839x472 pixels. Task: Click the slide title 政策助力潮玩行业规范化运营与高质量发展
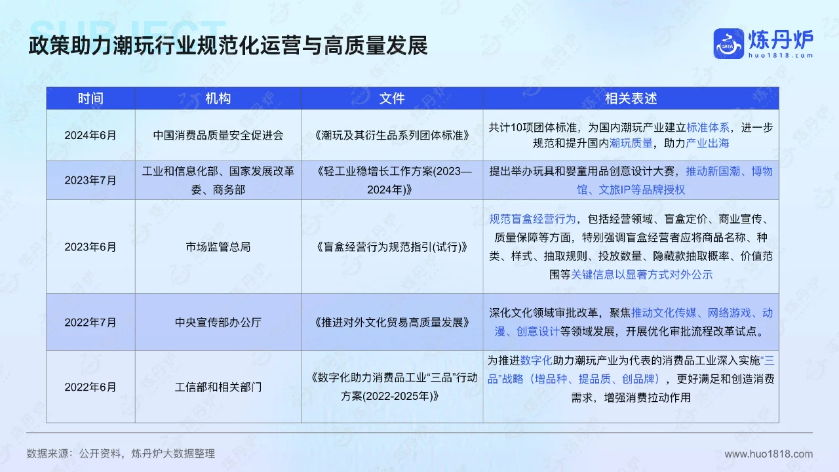pyautogui.click(x=227, y=46)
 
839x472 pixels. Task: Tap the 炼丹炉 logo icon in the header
pyautogui.click(x=728, y=43)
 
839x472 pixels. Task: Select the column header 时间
pyautogui.click(x=90, y=98)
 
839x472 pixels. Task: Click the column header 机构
pyautogui.click(x=218, y=98)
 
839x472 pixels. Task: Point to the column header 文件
pyautogui.click(x=392, y=98)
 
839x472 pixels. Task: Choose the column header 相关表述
pyautogui.click(x=631, y=98)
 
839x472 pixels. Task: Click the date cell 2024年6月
pyautogui.click(x=90, y=135)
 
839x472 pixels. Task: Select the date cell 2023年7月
pyautogui.click(x=90, y=180)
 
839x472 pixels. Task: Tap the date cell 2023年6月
pyautogui.click(x=90, y=247)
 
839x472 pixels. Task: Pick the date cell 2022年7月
pyautogui.click(x=90, y=323)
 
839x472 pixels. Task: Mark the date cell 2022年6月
pyautogui.click(x=90, y=387)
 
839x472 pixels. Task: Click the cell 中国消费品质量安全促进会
pyautogui.click(x=218, y=135)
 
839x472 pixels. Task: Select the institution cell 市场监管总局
pyautogui.click(x=218, y=247)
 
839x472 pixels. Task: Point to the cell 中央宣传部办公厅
pyautogui.click(x=218, y=323)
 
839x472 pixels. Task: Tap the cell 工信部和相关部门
pyautogui.click(x=218, y=387)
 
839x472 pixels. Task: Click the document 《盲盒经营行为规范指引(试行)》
pyautogui.click(x=392, y=247)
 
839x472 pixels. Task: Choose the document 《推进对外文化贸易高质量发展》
pyautogui.click(x=392, y=323)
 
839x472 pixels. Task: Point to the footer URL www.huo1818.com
pyautogui.click(x=768, y=454)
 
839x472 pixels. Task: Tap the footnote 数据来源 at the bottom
pyautogui.click(x=121, y=454)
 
